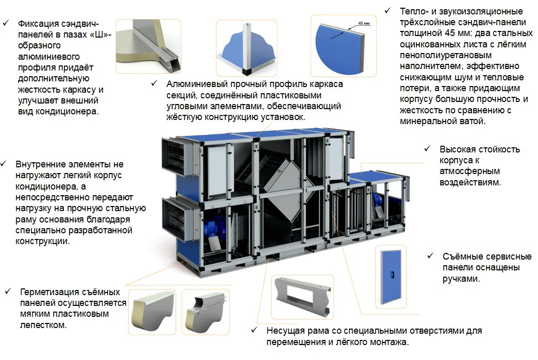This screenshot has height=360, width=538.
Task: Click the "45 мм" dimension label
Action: tap(364, 23)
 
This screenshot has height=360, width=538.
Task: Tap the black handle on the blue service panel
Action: tap(393, 275)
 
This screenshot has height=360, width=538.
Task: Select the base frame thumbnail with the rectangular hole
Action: tap(302, 297)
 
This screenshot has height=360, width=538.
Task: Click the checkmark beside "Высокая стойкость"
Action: tap(427, 149)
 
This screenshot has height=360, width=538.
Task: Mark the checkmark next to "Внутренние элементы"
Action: tap(4, 164)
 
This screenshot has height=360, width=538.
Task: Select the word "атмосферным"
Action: tap(469, 172)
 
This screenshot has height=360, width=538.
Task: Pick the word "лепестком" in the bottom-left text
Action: tap(43, 325)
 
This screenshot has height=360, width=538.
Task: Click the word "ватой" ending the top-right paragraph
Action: tap(473, 122)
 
